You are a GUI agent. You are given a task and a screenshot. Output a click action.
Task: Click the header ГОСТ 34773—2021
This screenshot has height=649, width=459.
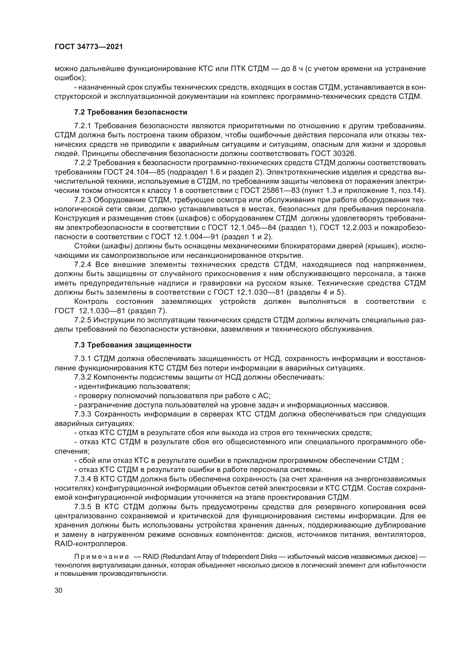(x=89, y=47)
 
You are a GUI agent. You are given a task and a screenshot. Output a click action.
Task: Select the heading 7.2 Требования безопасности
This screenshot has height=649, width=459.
(x=131, y=112)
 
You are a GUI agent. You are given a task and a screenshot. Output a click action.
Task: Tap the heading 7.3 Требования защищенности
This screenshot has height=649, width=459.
(x=133, y=345)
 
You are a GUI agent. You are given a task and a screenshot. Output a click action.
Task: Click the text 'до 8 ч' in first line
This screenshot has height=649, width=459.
(x=291, y=69)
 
